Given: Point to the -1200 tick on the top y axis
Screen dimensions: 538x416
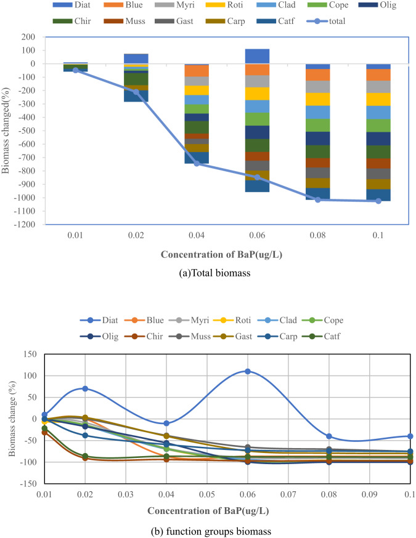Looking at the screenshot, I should click(x=26, y=224).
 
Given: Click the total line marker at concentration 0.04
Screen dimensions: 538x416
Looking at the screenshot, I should click(x=197, y=163).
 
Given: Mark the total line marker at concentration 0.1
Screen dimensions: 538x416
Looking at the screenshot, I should click(x=378, y=201).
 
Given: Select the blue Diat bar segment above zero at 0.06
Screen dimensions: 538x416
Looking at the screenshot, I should click(x=257, y=56).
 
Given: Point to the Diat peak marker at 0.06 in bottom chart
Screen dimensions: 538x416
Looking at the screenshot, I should click(x=248, y=371).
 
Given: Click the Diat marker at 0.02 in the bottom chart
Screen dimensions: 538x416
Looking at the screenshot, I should click(x=85, y=388).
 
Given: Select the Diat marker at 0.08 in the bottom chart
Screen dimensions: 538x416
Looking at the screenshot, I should click(x=329, y=436).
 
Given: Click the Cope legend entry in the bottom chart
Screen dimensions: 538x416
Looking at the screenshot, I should click(x=327, y=320).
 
